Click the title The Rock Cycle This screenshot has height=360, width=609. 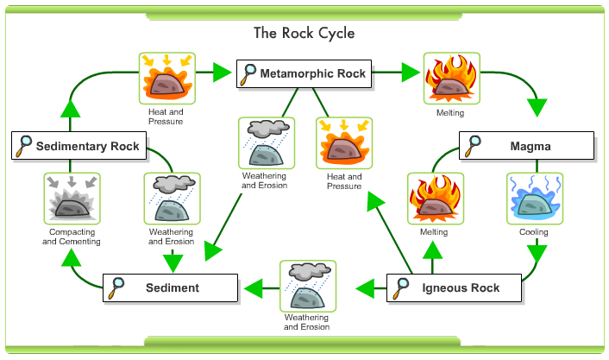[304, 33]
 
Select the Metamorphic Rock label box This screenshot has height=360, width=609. [304, 73]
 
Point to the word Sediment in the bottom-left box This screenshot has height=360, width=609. [172, 287]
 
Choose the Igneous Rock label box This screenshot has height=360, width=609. [455, 287]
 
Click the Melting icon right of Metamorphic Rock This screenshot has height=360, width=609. [449, 79]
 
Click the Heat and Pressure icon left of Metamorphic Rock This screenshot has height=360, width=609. [167, 79]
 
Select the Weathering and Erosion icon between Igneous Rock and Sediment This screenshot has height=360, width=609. [305, 286]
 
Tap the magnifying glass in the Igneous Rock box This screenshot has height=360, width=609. [399, 286]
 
